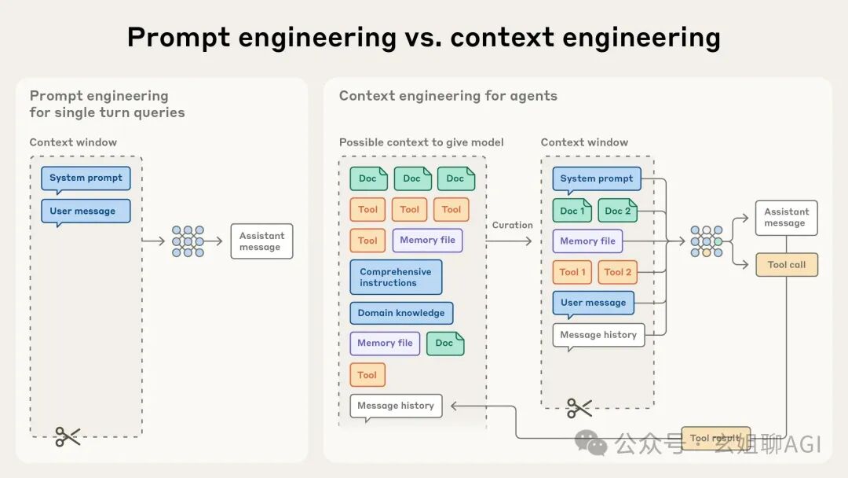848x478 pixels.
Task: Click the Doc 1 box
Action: click(x=572, y=211)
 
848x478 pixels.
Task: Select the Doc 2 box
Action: click(x=617, y=211)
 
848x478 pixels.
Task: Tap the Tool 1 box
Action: click(x=572, y=272)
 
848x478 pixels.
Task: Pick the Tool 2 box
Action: click(x=617, y=272)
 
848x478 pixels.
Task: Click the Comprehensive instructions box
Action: click(x=396, y=277)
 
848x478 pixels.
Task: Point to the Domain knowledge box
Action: click(x=401, y=313)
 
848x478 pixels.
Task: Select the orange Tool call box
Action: click(x=786, y=265)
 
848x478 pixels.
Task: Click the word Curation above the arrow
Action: click(x=512, y=225)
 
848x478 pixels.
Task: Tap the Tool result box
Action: click(x=715, y=438)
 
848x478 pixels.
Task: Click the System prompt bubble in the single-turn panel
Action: click(x=86, y=178)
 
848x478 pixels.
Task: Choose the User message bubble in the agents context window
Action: click(x=593, y=303)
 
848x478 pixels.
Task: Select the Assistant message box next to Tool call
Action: click(x=786, y=218)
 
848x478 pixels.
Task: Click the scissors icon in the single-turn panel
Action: click(x=68, y=436)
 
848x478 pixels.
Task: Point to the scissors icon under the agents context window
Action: click(x=579, y=407)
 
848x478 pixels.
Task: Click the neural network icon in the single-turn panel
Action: click(x=188, y=241)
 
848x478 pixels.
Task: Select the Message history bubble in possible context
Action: click(x=396, y=406)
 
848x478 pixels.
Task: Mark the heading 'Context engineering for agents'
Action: click(x=448, y=96)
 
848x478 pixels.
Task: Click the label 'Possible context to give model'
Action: click(x=421, y=142)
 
